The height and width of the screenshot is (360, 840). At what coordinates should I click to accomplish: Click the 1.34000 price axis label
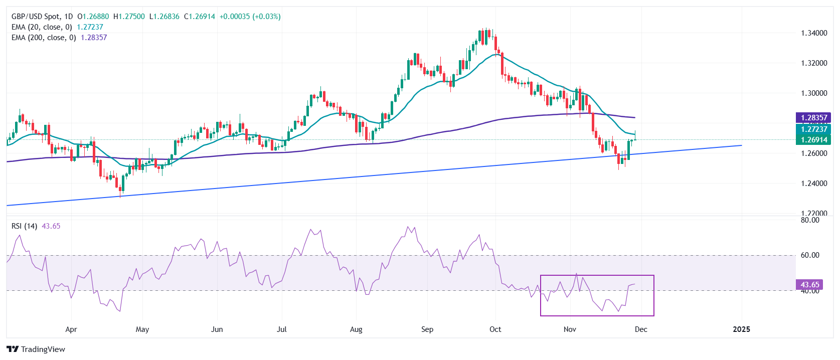pyautogui.click(x=813, y=33)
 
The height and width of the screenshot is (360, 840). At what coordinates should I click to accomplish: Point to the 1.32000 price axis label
pyautogui.click(x=813, y=63)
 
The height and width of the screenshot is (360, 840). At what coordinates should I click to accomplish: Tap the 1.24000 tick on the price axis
pyautogui.click(x=813, y=184)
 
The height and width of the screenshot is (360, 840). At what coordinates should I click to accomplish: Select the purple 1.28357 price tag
pyautogui.click(x=813, y=118)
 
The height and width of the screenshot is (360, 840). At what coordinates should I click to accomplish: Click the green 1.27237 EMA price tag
pyautogui.click(x=813, y=129)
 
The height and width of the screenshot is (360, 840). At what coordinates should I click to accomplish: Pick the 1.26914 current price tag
pyautogui.click(x=813, y=140)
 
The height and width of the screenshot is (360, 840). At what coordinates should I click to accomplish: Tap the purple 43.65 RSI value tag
pyautogui.click(x=809, y=285)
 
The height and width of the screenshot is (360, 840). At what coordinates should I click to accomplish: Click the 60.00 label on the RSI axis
pyautogui.click(x=809, y=255)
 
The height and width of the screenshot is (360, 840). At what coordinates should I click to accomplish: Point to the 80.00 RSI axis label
pyautogui.click(x=809, y=220)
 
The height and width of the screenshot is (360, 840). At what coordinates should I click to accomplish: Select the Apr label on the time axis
pyautogui.click(x=71, y=329)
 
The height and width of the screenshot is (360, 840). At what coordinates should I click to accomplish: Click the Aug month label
pyautogui.click(x=356, y=329)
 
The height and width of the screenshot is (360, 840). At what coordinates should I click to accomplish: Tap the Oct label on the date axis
pyautogui.click(x=495, y=329)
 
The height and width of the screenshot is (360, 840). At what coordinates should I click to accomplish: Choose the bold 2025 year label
pyautogui.click(x=741, y=329)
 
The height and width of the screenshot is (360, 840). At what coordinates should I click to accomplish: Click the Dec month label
pyautogui.click(x=641, y=329)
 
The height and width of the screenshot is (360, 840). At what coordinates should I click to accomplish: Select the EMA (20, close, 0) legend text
pyautogui.click(x=42, y=27)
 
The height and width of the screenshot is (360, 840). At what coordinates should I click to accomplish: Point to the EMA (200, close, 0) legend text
pyautogui.click(x=44, y=38)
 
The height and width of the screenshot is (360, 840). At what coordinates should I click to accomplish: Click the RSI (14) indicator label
pyautogui.click(x=24, y=226)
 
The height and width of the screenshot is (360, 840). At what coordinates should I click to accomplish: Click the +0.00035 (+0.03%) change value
pyautogui.click(x=250, y=17)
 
